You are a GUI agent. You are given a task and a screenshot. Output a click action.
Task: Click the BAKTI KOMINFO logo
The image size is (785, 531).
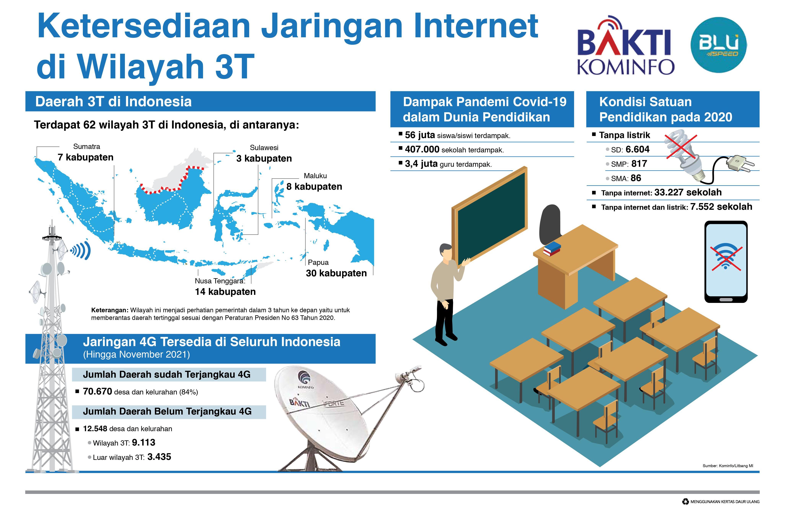click(x=625, y=46)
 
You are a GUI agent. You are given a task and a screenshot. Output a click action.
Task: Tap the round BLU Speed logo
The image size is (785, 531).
click(x=718, y=45)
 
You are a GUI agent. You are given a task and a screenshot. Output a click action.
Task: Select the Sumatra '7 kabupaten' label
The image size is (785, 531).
click(x=85, y=157)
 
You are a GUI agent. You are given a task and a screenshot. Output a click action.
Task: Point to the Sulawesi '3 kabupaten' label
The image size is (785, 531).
click(x=264, y=159)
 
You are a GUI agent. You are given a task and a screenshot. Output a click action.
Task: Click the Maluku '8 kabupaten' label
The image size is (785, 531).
click(x=314, y=186)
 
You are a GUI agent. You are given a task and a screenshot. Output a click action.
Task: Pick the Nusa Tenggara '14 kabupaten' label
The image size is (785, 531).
click(x=225, y=292)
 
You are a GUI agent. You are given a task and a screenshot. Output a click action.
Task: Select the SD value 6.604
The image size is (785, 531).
click(x=637, y=149)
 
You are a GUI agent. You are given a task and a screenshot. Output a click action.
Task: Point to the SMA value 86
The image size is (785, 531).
click(x=636, y=178)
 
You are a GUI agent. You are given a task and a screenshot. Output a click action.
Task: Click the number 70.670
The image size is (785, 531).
click(x=97, y=391)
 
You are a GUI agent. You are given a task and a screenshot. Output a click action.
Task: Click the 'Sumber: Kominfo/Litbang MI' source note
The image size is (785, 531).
click(x=728, y=466)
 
